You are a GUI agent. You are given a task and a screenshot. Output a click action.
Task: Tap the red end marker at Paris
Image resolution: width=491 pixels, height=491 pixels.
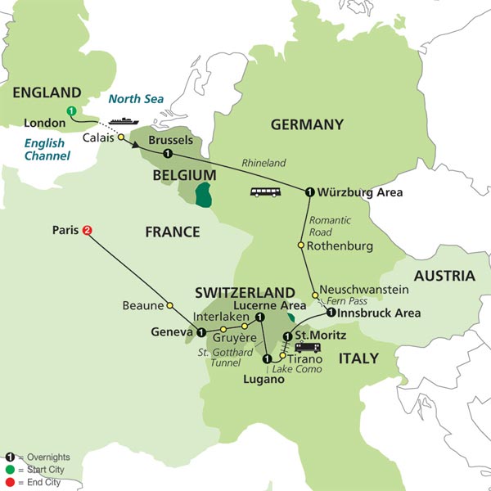(86, 231)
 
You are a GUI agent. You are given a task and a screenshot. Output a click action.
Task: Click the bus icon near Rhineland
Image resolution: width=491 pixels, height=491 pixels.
(264, 192)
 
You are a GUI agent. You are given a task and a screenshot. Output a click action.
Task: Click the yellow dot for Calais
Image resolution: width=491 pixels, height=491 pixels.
(121, 137)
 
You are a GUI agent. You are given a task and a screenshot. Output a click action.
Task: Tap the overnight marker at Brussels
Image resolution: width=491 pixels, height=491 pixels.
(167, 154)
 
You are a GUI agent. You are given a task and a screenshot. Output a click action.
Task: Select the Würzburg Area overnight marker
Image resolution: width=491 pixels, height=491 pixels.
(310, 192)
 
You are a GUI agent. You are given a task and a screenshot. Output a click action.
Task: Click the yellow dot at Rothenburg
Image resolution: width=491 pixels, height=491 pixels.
(301, 245)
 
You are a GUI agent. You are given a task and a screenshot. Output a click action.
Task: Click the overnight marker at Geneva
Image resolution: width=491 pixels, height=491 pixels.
(200, 332)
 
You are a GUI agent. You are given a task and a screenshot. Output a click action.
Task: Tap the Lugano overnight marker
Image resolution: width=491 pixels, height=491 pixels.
(267, 358)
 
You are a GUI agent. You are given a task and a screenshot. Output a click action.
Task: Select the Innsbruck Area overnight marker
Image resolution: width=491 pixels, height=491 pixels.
(330, 313)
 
